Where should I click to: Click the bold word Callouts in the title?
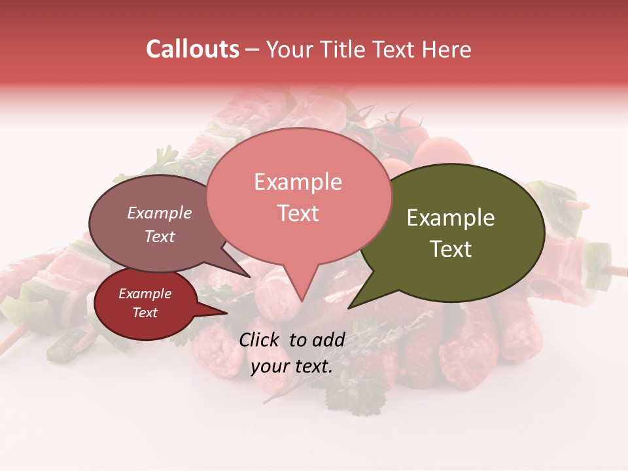coord(192,49)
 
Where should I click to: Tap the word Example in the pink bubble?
coord(298,182)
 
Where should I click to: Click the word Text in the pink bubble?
coord(298,213)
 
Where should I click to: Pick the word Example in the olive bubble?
coord(451,218)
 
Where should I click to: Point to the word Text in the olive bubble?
coord(451,249)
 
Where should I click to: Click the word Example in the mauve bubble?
coord(159,213)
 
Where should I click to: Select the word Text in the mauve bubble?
coord(159,236)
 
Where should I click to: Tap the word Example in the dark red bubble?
coord(145,294)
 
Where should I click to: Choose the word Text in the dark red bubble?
coord(145,313)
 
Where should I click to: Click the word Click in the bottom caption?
coord(260,340)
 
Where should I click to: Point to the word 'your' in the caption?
coord(270,366)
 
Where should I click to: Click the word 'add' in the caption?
coord(328,340)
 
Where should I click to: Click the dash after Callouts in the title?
coord(253,50)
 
